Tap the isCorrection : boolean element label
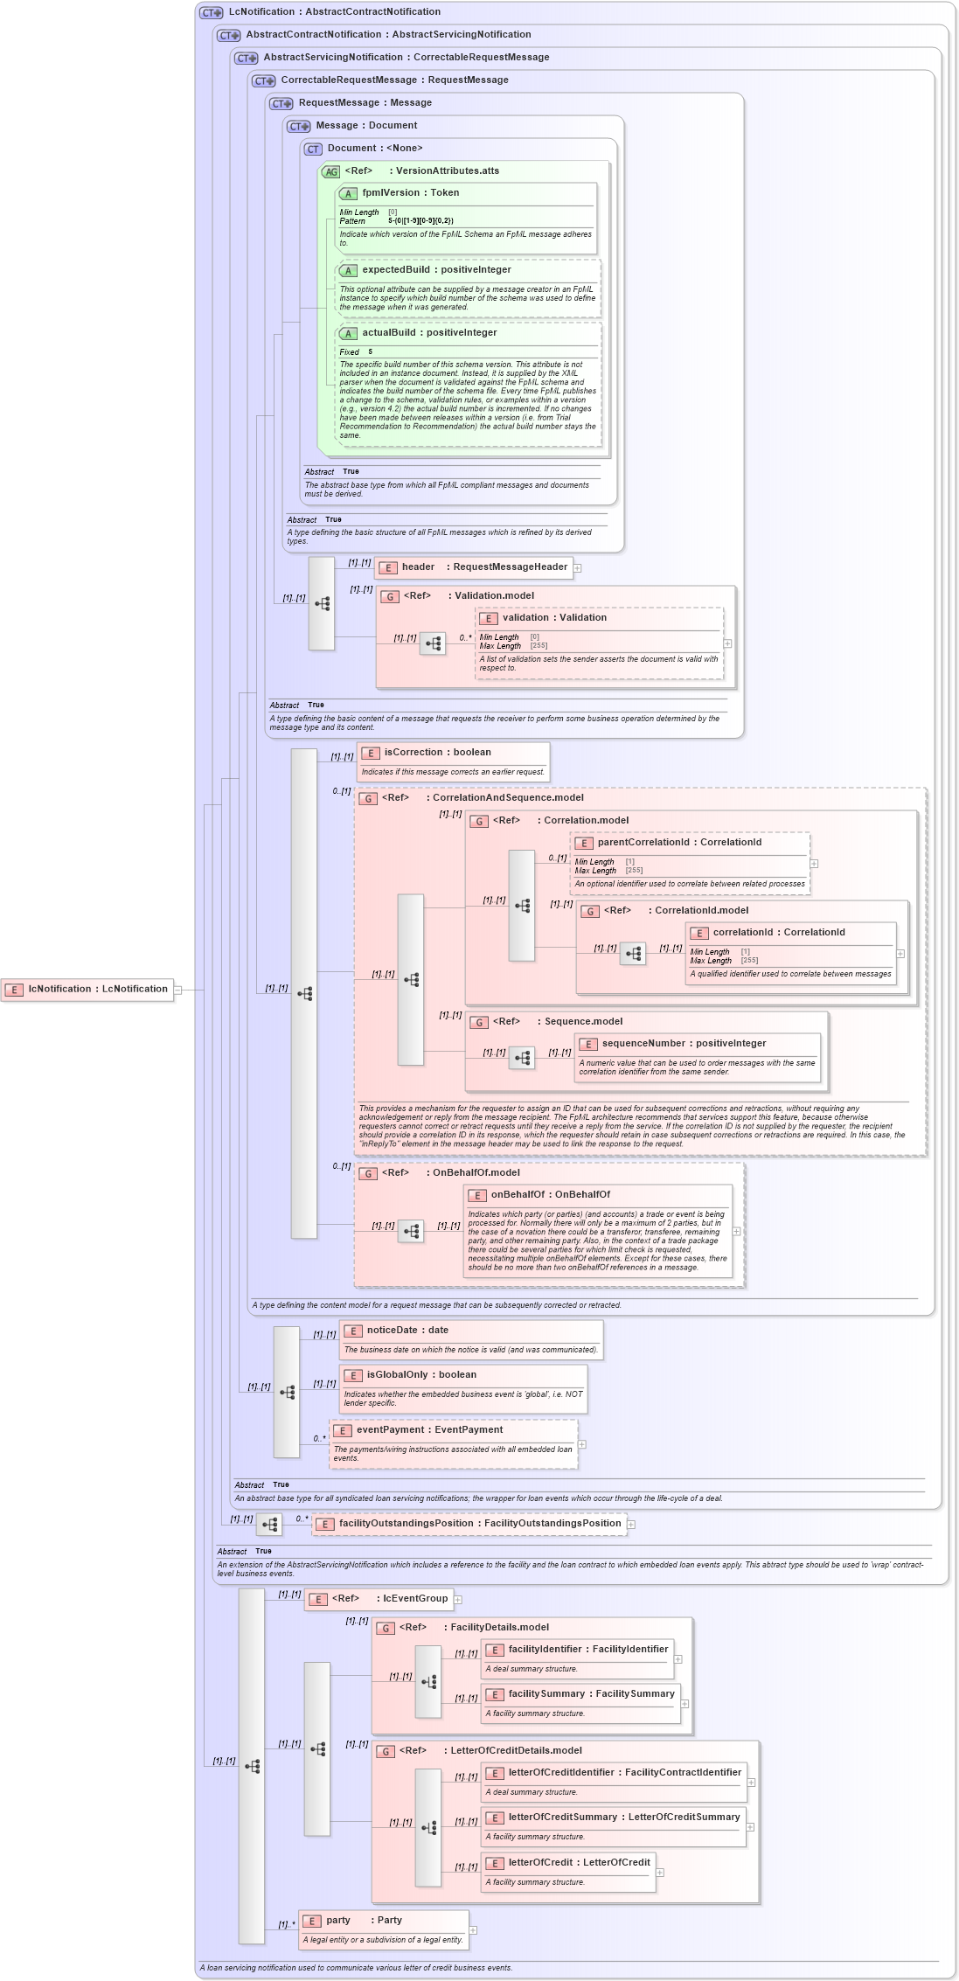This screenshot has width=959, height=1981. point(437,752)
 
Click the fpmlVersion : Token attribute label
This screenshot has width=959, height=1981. point(410,192)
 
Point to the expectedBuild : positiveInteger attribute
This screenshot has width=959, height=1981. point(436,269)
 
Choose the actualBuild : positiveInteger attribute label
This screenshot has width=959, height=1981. point(429,332)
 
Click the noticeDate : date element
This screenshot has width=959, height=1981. point(407,1330)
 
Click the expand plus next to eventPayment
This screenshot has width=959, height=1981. point(582,1443)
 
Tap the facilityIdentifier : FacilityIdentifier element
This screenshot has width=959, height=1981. point(587,1649)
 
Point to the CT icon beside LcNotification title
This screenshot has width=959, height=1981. point(211,12)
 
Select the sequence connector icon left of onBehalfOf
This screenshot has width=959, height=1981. point(411,1230)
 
